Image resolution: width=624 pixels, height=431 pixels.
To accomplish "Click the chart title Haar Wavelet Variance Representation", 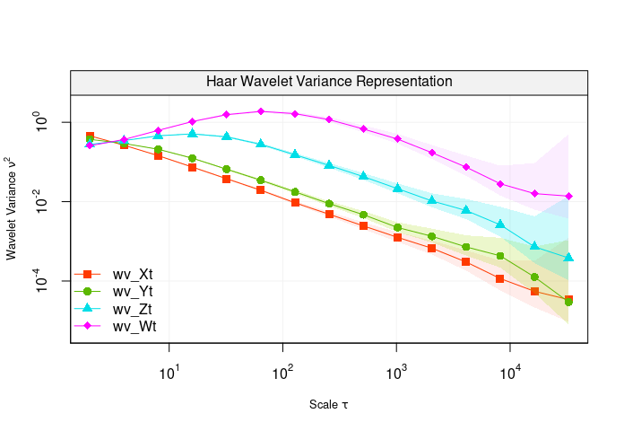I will coord(329,81).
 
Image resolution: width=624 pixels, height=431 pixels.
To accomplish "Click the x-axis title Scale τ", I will coord(329,404).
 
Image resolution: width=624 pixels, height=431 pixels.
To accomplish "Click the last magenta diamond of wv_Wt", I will coord(568,197).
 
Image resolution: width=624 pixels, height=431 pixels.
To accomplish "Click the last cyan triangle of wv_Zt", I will coord(568,258).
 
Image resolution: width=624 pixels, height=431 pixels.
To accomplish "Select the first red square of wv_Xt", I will coord(90,136).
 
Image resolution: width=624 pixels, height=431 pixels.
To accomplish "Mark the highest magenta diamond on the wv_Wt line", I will coord(260,111).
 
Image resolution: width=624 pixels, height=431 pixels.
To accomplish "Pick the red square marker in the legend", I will coord(88,274).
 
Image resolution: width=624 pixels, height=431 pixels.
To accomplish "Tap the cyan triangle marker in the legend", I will coord(88,309).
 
